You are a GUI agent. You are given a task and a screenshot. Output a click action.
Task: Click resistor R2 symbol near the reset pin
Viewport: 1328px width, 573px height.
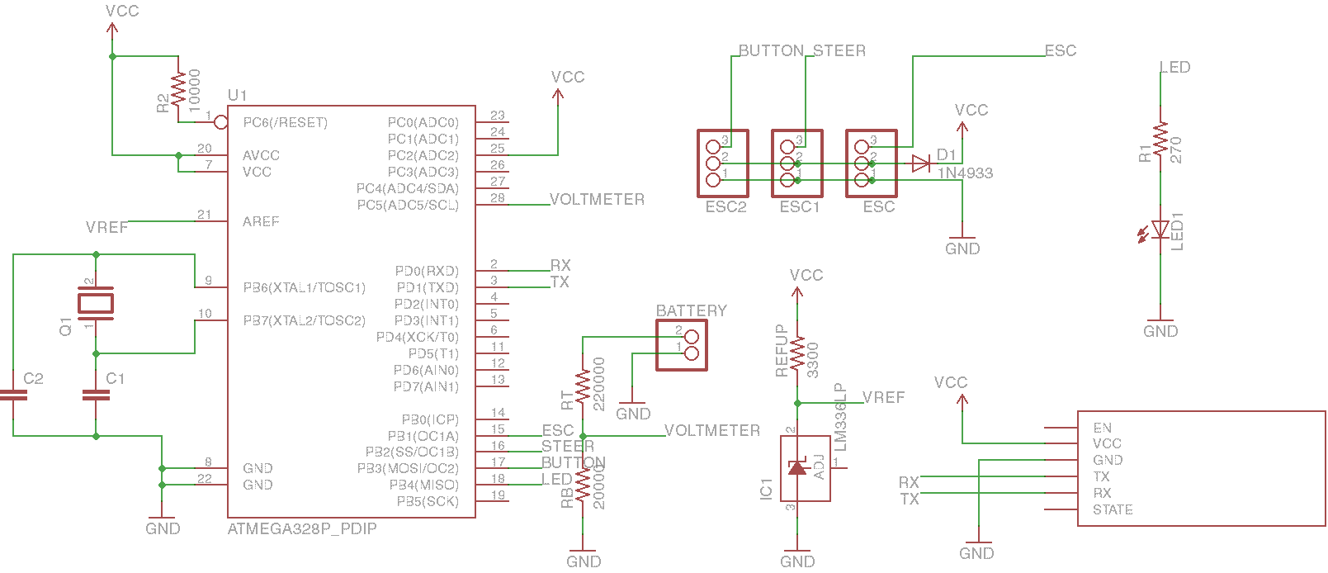[178, 89]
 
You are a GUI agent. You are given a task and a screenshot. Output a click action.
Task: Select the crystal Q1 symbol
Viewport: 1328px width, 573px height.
[96, 304]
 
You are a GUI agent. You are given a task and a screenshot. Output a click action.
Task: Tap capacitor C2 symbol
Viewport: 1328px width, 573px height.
[13, 395]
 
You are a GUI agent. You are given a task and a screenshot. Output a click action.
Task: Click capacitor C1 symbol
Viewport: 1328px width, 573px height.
[96, 395]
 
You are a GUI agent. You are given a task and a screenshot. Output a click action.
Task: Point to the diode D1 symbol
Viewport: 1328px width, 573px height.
[921, 163]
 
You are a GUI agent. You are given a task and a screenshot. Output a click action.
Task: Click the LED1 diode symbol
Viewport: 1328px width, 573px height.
[1160, 230]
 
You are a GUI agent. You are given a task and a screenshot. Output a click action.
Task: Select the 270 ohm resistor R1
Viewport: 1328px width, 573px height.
[1160, 140]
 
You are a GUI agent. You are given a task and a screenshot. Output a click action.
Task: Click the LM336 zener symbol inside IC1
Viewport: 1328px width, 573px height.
[797, 468]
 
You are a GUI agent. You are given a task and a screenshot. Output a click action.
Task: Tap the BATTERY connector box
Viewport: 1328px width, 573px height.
[682, 345]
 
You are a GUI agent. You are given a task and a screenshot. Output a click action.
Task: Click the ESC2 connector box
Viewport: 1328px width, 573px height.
[723, 163]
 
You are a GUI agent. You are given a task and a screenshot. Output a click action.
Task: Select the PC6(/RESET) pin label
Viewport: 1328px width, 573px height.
[286, 122]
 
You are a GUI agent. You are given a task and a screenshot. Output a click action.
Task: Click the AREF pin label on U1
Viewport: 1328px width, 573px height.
[261, 221]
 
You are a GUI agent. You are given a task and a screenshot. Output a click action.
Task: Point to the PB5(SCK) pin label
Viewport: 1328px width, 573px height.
[428, 501]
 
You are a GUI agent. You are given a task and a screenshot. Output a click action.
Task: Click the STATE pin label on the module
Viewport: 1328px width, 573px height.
[1113, 509]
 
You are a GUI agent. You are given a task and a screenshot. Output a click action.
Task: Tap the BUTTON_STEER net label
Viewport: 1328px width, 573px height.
[801, 51]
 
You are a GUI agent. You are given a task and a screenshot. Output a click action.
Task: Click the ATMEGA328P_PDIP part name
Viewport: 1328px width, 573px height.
[302, 528]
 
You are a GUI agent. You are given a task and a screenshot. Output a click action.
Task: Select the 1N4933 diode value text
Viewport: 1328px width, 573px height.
[965, 173]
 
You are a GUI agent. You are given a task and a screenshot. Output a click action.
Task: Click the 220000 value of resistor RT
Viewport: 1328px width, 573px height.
[599, 384]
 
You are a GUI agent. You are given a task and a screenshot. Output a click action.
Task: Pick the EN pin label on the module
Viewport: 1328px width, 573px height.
[1102, 428]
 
